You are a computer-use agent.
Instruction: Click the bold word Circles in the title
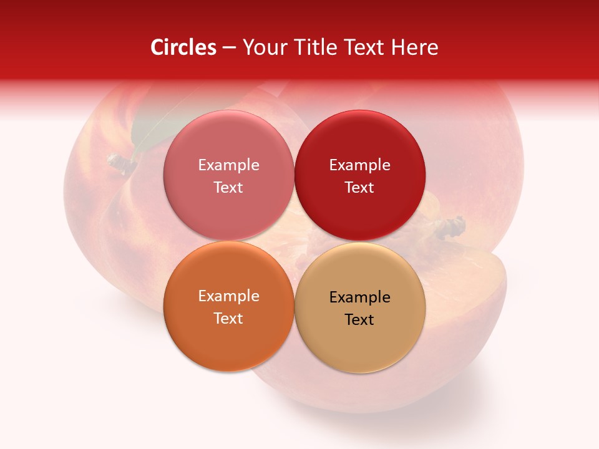(183, 47)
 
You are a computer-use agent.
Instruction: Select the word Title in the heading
(315, 47)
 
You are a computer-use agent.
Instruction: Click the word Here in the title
(414, 47)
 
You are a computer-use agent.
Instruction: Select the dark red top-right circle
(359, 212)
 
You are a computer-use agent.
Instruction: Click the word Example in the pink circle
(228, 165)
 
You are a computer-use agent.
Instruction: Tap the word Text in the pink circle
(228, 187)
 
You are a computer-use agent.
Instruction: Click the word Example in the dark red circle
(359, 165)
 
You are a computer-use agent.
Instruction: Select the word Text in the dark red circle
(359, 187)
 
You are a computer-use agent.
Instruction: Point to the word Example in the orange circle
(228, 296)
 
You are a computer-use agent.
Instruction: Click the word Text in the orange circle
(228, 318)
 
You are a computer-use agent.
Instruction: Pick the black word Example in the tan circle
(359, 297)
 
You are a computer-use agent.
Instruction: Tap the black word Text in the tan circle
(359, 319)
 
